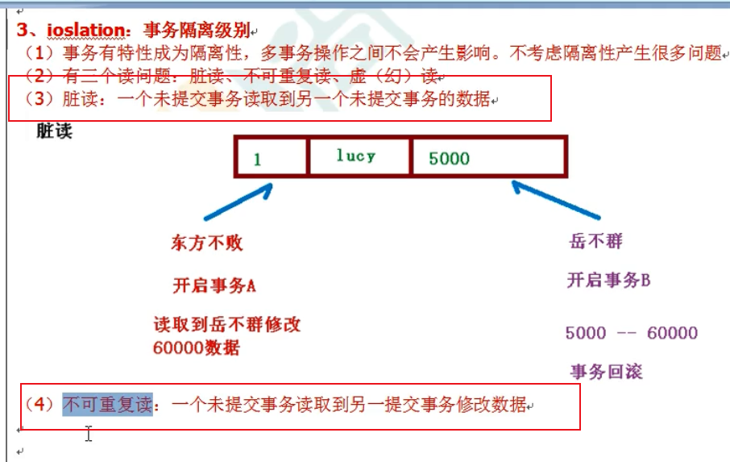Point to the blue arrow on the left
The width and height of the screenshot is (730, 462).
(238, 202)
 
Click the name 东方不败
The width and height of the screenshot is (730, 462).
(206, 243)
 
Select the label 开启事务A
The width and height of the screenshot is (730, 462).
(214, 285)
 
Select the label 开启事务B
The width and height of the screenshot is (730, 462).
(608, 281)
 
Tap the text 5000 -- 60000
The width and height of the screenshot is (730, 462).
(631, 333)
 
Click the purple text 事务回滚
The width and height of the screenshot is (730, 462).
(606, 372)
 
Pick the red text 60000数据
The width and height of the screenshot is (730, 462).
(196, 348)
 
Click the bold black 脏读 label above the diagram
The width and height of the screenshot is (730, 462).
(54, 131)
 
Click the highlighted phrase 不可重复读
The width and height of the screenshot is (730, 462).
(107, 405)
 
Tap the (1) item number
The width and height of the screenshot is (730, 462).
(39, 54)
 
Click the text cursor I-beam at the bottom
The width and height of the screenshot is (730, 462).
(89, 435)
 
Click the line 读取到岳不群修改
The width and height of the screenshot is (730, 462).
(226, 326)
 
